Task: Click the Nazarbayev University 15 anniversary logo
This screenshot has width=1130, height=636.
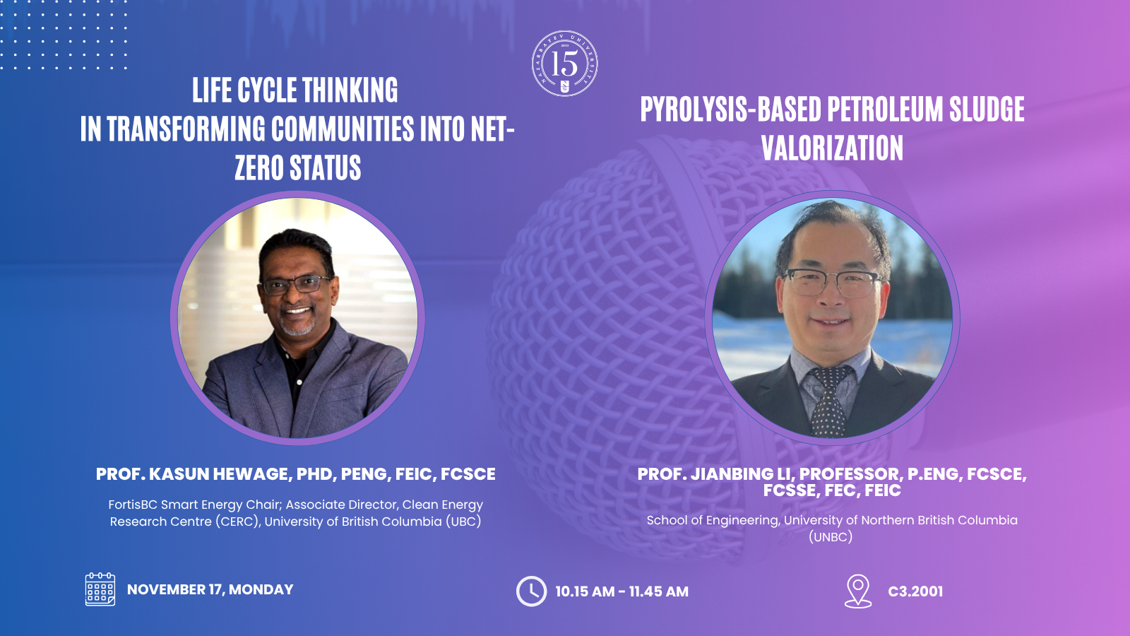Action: click(564, 63)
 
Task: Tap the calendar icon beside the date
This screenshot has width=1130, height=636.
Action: click(100, 589)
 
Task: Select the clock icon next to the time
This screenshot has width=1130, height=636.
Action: click(531, 591)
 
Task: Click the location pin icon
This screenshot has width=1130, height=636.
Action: click(858, 591)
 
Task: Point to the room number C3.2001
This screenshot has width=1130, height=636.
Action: click(915, 591)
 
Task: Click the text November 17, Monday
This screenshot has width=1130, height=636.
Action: click(210, 589)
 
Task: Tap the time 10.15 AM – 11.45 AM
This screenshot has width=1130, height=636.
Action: click(621, 591)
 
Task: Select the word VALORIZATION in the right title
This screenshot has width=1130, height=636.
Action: click(833, 148)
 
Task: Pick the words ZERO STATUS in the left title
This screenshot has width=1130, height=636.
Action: click(297, 167)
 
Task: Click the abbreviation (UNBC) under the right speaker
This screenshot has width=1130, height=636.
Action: click(831, 536)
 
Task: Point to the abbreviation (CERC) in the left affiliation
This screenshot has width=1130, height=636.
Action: click(237, 522)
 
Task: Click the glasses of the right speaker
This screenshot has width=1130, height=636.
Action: click(833, 282)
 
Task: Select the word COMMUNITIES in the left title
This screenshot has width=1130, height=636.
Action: click(343, 129)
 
